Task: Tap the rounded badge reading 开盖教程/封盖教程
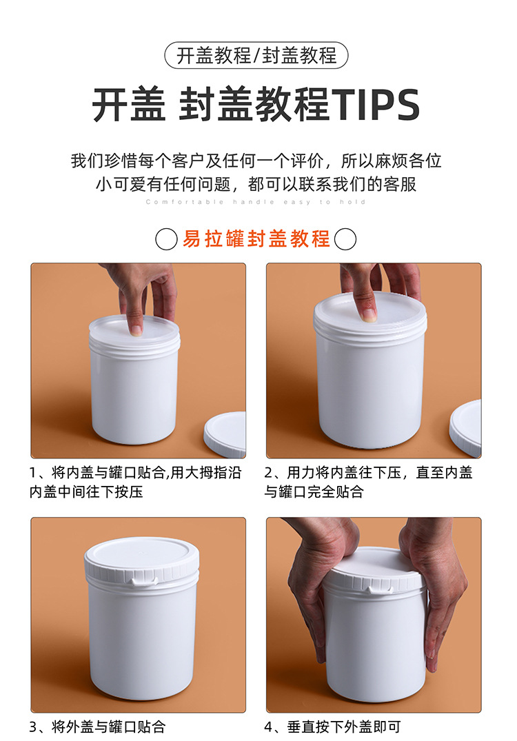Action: [x=256, y=55]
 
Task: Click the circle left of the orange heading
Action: [x=166, y=239]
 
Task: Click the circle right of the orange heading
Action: [x=345, y=239]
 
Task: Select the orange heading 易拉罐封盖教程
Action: [x=256, y=238]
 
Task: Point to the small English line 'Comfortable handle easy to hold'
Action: [x=256, y=202]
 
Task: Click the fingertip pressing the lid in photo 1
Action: [x=136, y=330]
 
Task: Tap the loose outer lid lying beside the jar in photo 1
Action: [x=225, y=434]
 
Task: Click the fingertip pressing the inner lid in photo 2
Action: [x=368, y=314]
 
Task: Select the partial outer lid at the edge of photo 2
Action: [x=465, y=428]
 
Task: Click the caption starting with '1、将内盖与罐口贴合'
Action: [x=135, y=482]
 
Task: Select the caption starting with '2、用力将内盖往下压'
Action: [x=368, y=482]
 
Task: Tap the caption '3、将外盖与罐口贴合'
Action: [x=97, y=727]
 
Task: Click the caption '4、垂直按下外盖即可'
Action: [x=332, y=727]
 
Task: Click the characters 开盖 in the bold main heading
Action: [x=129, y=105]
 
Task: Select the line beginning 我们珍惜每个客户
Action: [x=256, y=161]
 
